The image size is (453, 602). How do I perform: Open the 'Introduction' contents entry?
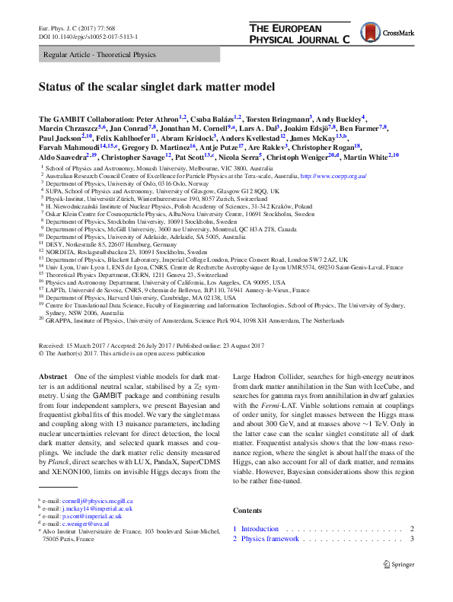pyautogui.click(x=260, y=528)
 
